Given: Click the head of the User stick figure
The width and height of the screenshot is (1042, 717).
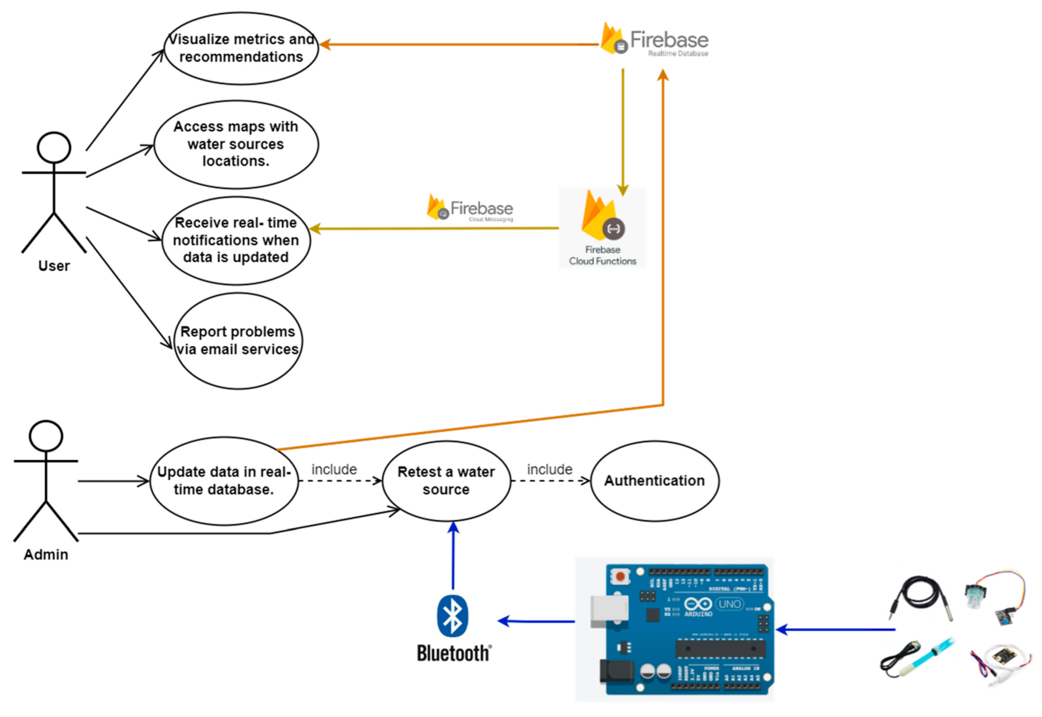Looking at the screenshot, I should coord(54,147).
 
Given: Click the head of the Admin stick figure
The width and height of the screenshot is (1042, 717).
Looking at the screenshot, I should coord(46,436).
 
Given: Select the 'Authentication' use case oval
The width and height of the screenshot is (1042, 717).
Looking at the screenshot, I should coord(654,481).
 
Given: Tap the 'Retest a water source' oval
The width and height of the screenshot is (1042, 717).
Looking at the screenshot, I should coord(446,481).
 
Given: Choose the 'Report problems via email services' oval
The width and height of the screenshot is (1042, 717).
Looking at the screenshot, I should coord(238,341).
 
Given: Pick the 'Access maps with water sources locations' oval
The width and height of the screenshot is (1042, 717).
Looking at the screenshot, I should coord(236,144).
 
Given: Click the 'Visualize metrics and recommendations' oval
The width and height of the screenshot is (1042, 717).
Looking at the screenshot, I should coord(241,48).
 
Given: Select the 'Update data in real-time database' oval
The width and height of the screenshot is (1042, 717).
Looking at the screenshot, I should coord(224,481).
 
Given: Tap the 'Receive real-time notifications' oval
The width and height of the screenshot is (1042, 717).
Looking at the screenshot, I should coord(236,240).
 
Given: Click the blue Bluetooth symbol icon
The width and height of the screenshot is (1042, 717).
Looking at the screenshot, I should coord(452,616).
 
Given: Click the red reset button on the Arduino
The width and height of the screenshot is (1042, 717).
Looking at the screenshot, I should coord(620,576).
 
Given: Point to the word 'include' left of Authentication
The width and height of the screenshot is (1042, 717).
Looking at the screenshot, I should coord(549,469).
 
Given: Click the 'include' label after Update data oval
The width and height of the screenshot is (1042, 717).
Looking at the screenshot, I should coord(334,469).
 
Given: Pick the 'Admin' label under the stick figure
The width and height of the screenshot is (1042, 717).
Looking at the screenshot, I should coord(46,555).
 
